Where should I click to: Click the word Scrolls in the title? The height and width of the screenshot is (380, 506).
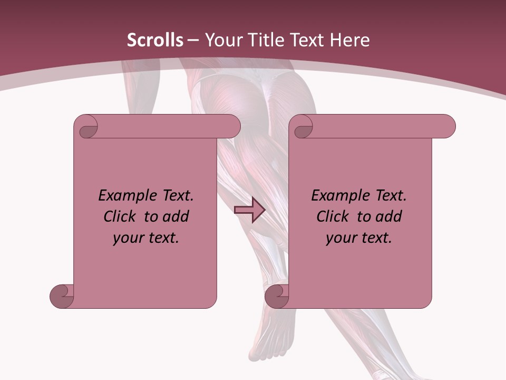tap(155, 40)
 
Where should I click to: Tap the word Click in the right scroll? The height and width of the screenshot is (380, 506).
tap(334, 216)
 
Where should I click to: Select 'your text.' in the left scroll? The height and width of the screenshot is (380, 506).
tap(146, 238)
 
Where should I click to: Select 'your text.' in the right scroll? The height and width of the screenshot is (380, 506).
tap(359, 238)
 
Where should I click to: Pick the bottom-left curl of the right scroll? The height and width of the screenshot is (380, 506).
tap(276, 296)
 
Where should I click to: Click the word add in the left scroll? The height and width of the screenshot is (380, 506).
tap(176, 216)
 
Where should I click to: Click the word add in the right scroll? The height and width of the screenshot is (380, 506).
tap(389, 216)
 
